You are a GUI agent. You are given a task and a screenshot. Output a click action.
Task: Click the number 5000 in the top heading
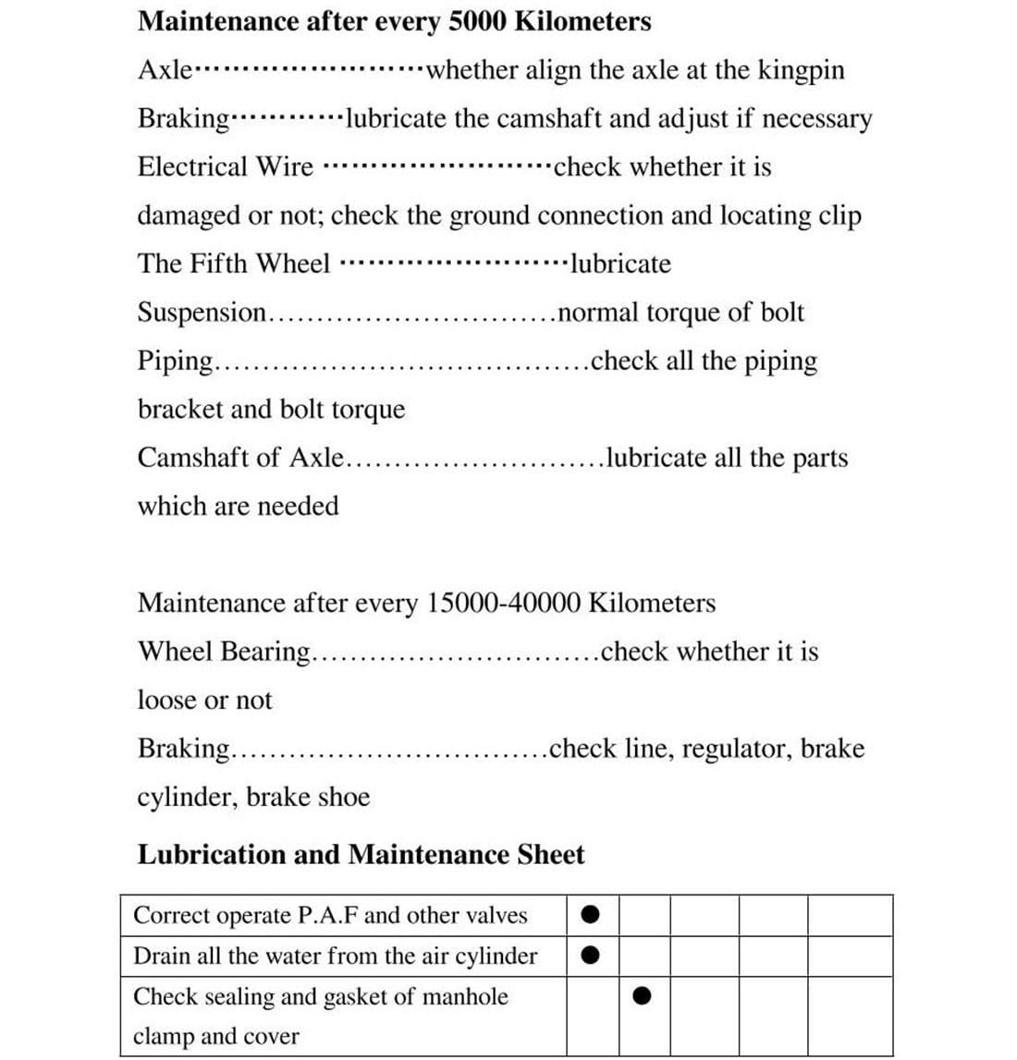tap(475, 21)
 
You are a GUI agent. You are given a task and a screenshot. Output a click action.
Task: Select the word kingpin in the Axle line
tap(800, 71)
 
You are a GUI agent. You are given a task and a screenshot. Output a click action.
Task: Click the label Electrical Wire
tap(226, 167)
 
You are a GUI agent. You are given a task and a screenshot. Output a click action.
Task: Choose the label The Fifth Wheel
tap(233, 264)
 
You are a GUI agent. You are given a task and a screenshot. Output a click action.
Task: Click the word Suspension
tap(202, 313)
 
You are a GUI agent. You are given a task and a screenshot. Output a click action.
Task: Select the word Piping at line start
tap(175, 361)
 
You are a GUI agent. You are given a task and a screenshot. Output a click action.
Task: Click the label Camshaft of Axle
tap(240, 458)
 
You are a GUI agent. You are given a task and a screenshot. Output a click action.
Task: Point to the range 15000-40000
tap(504, 603)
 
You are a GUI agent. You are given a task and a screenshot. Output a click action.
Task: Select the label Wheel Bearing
tap(225, 652)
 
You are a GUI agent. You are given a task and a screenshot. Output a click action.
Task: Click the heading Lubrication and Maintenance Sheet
tap(361, 855)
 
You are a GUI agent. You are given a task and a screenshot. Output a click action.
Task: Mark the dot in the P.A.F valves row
tap(592, 915)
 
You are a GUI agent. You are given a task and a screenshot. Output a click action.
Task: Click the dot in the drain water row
tap(592, 956)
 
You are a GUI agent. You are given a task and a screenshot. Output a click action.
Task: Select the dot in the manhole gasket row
tap(643, 996)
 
